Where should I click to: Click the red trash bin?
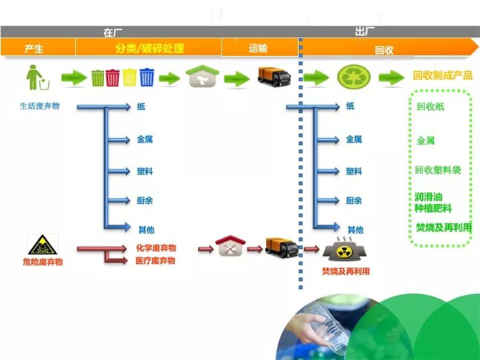113,78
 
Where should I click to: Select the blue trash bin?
147,77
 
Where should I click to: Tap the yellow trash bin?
130,77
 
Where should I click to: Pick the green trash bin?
98,78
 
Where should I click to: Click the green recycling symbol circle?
354,77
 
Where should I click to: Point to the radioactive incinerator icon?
344,248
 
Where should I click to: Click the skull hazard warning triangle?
43,245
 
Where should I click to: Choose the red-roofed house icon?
230,245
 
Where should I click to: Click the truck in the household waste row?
274,77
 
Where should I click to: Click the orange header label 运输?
258,48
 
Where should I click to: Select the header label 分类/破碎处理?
149,48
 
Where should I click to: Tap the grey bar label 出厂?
365,31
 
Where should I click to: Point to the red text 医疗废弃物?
156,261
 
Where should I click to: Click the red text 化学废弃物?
156,248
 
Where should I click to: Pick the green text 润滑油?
428,197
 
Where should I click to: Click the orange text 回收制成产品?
442,75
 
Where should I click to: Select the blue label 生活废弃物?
40,106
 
